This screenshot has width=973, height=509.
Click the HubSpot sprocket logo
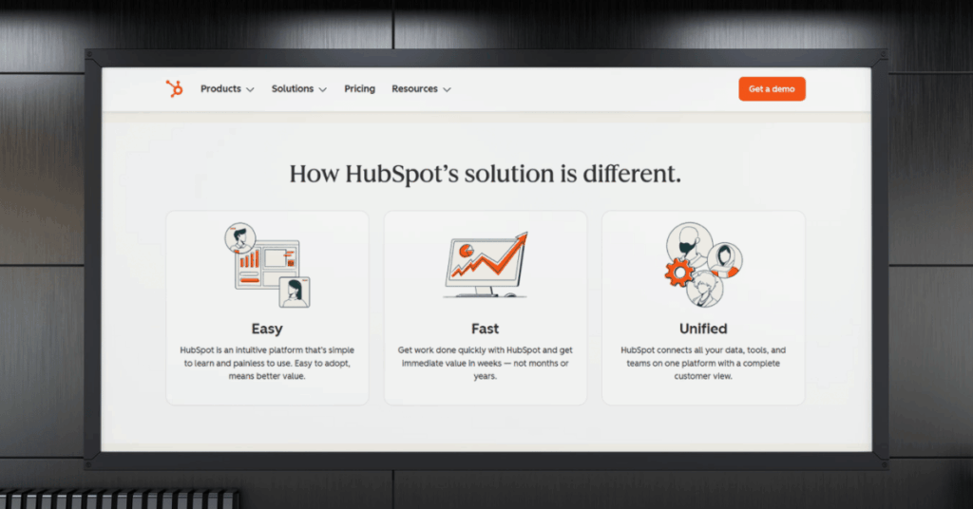pyautogui.click(x=174, y=89)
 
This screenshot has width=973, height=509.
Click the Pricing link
pyautogui.click(x=359, y=89)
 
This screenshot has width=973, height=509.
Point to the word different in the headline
pyautogui.click(x=633, y=175)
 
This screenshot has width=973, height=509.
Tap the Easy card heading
pyautogui.click(x=267, y=329)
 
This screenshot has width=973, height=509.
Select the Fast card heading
pyautogui.click(x=485, y=329)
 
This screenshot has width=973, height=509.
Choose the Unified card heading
pyautogui.click(x=703, y=329)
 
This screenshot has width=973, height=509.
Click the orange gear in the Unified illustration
pyautogui.click(x=678, y=273)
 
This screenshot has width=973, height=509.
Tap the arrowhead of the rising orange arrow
pyautogui.click(x=519, y=239)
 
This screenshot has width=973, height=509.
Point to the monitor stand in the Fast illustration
pyautogui.click(x=486, y=291)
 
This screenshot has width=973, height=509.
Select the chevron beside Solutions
pyautogui.click(x=323, y=90)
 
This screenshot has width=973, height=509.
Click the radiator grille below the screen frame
pyautogui.click(x=119, y=500)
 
